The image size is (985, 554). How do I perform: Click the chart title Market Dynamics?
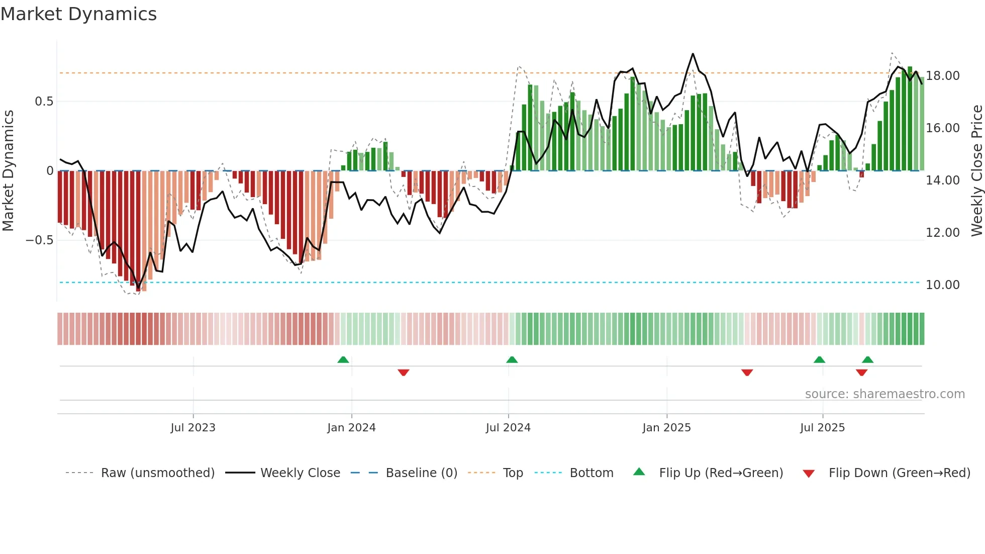coord(79,14)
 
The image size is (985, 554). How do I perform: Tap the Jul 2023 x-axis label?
coord(193,428)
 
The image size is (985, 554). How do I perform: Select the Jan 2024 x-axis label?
coord(351,428)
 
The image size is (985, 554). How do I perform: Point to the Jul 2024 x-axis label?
coord(508,428)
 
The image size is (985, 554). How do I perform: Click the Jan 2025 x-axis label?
coord(666,428)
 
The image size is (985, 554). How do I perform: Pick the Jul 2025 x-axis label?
coord(822,428)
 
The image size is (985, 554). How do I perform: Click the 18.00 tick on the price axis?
coord(943,76)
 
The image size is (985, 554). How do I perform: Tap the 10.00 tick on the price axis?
coord(943,285)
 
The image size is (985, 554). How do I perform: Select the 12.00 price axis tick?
coord(943,233)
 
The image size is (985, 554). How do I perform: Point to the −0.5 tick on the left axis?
coord(40,240)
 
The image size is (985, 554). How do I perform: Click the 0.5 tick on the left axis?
coord(44,102)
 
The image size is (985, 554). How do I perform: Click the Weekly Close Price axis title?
coord(976,170)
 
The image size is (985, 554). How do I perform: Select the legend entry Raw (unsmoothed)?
coord(157,473)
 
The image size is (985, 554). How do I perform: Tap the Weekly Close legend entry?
coord(300,473)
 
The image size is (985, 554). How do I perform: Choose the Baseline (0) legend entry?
coord(421,473)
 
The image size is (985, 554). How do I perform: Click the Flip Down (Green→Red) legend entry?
coord(899,473)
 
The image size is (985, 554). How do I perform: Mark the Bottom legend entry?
coord(591,473)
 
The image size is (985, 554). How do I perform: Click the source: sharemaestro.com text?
coord(884,394)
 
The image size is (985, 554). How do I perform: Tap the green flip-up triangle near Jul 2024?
coord(512,359)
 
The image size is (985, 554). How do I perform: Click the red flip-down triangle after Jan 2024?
coord(403,373)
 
